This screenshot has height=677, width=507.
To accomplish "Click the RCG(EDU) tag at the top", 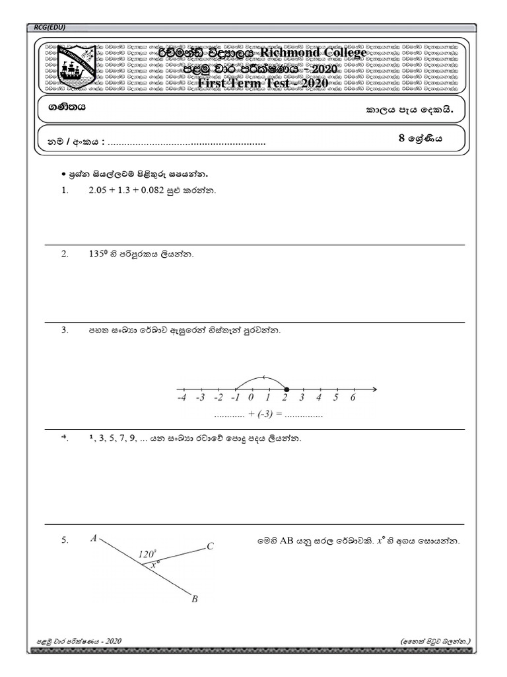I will pyautogui.click(x=50, y=26).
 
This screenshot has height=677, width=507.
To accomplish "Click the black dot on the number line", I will pyautogui.click(x=285, y=389).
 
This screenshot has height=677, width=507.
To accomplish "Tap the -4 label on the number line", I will pyautogui.click(x=182, y=399).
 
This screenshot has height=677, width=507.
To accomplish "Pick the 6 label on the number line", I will pyautogui.click(x=353, y=399).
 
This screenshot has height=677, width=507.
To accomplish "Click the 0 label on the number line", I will pyautogui.click(x=251, y=399).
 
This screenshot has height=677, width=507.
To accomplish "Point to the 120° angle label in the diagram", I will pyautogui.click(x=147, y=554).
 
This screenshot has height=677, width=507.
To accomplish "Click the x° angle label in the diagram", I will pyautogui.click(x=156, y=565).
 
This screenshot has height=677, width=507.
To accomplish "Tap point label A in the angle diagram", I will pyautogui.click(x=94, y=539).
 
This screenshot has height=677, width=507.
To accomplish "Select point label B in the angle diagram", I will pyautogui.click(x=194, y=600).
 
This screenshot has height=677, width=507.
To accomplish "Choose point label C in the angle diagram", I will pyautogui.click(x=210, y=546).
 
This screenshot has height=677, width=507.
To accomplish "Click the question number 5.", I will pyautogui.click(x=65, y=540).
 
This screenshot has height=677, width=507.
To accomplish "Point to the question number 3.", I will pyautogui.click(x=65, y=330).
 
